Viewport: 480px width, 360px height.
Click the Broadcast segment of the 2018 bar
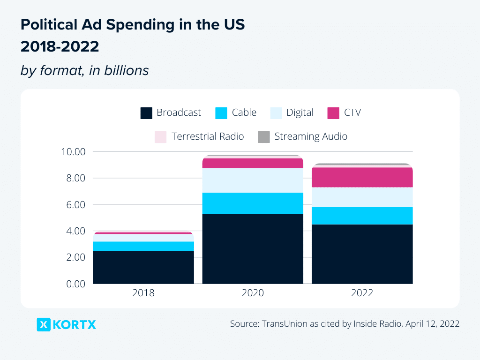point(143,267)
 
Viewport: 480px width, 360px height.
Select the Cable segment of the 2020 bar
point(253,203)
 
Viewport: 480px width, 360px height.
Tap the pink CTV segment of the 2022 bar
point(362,177)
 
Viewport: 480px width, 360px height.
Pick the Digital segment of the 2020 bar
point(253,180)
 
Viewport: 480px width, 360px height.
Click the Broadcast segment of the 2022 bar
point(362,254)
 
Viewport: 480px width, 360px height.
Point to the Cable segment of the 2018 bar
point(143,246)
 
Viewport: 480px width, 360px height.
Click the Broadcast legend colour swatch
point(146,113)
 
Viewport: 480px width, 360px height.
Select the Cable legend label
point(244,112)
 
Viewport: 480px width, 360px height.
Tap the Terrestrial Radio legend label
point(208,136)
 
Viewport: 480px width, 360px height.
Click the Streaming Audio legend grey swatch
point(264,137)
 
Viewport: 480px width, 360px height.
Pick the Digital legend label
point(300,112)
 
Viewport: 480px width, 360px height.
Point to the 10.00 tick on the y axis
point(73,152)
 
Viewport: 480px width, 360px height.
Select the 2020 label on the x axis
point(253,293)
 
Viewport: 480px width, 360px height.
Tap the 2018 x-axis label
point(143,293)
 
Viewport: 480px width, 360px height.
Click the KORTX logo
point(66,324)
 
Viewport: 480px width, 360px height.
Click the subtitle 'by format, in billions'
point(84,70)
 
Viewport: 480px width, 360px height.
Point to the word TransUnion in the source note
point(284,324)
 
